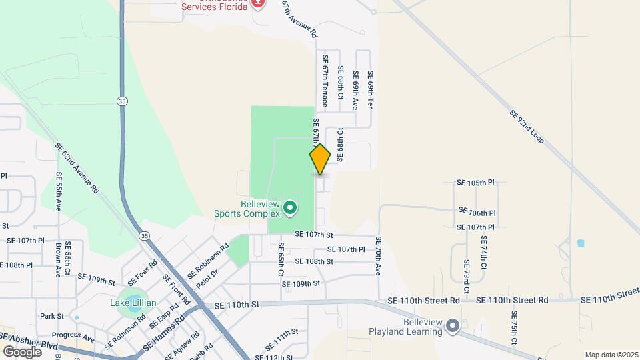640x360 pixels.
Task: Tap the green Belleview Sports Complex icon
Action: pos(290,209)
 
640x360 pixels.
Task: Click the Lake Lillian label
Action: pos(133,303)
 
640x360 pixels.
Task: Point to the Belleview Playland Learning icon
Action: pos(453,326)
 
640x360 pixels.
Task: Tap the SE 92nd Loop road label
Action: pos(527,127)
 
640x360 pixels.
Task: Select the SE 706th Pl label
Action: pos(477,212)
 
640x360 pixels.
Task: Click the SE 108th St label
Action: pos(313,261)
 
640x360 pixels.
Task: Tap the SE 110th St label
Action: pos(237,305)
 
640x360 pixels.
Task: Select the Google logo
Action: pos(22,351)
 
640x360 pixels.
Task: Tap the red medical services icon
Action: pos(259,3)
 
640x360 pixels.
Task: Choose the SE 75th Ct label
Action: pos(514,328)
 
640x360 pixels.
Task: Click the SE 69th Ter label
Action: pos(371,90)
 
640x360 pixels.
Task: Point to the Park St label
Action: pos(51,316)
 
